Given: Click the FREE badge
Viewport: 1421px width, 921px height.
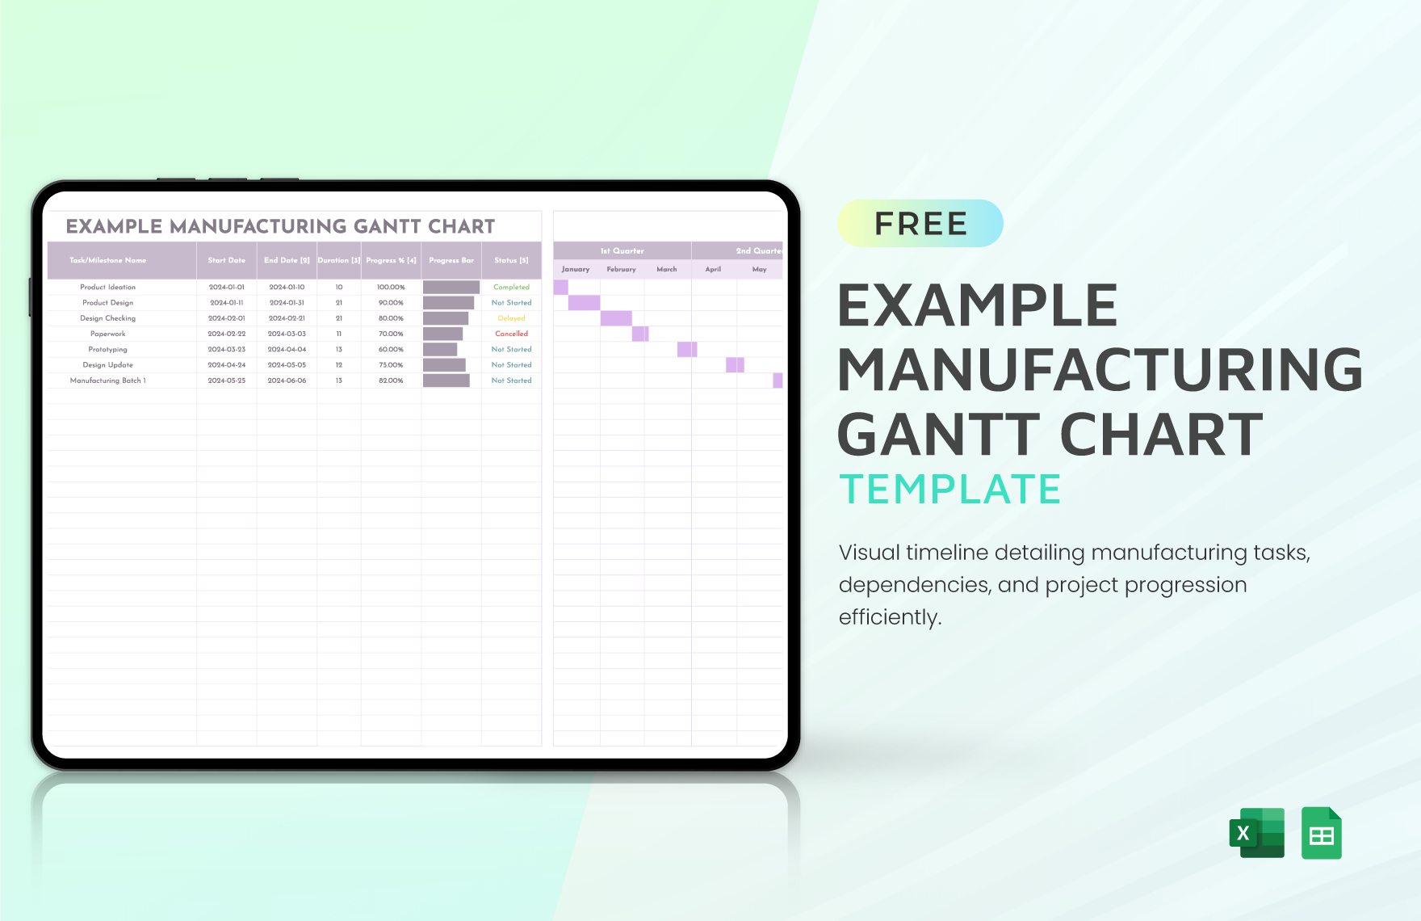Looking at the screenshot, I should (x=920, y=224).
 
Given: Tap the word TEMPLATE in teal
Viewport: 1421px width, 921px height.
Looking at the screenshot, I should (x=949, y=490).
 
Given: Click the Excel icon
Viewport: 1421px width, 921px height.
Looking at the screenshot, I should (x=1256, y=833).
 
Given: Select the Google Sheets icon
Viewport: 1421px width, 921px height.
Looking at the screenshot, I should (x=1321, y=833).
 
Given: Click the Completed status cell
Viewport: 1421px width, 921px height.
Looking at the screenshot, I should (x=511, y=288).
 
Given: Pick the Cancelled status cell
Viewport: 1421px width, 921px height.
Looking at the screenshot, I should (x=511, y=334).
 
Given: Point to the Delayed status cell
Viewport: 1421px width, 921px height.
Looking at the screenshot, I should (x=511, y=318).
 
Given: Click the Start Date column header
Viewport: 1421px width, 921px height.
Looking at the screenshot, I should (x=226, y=260).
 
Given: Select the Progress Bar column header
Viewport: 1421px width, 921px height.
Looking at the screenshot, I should (x=451, y=260).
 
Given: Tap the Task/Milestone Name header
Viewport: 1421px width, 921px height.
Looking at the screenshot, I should (x=107, y=260).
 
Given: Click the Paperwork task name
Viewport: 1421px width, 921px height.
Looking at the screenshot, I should (x=107, y=334).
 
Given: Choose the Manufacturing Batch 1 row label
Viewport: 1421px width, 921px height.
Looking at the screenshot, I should (x=107, y=381).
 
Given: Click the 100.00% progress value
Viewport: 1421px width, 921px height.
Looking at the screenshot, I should (x=391, y=288).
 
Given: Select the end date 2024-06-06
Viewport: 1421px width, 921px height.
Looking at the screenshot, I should (x=287, y=381).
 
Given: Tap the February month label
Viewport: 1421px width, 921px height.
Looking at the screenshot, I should (x=621, y=269).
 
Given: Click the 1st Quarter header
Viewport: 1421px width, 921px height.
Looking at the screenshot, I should (x=622, y=250).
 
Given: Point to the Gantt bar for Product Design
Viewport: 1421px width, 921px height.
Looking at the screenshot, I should (x=584, y=303).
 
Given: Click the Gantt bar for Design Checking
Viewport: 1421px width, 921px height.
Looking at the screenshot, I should (x=616, y=318).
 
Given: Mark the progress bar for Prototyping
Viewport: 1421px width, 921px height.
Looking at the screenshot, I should (x=440, y=350).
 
